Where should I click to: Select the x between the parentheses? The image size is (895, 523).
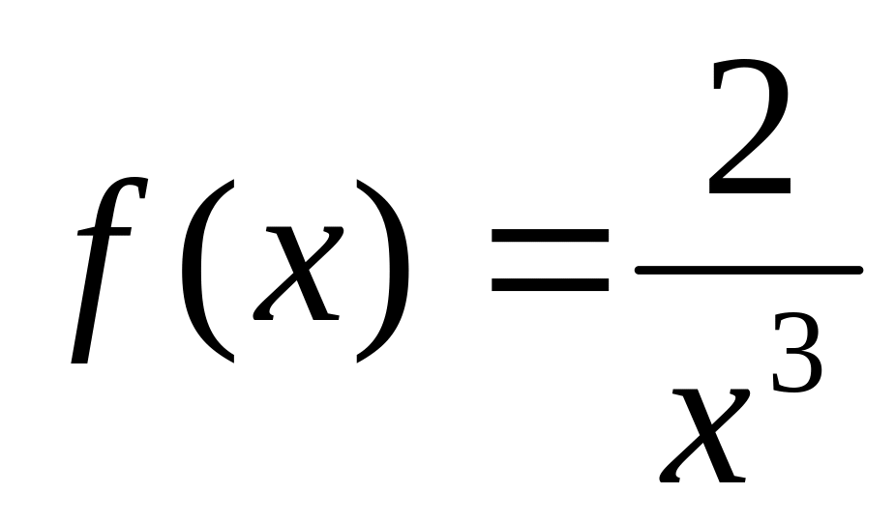tap(300, 274)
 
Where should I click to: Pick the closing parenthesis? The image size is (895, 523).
tap(384, 271)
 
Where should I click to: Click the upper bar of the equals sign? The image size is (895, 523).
tap(550, 236)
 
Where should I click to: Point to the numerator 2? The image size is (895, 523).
tap(750, 131)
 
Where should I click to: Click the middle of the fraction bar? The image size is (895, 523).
tap(747, 271)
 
